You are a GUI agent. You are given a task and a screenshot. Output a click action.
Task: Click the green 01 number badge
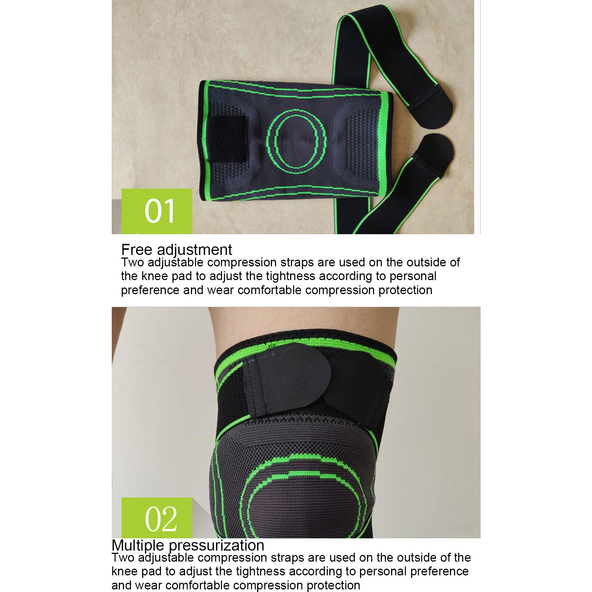(x=157, y=211)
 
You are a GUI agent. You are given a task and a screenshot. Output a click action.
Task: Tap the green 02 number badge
(x=157, y=518)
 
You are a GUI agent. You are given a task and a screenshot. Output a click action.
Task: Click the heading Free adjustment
(x=176, y=250)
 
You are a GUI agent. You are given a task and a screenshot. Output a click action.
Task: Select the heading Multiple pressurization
(x=188, y=545)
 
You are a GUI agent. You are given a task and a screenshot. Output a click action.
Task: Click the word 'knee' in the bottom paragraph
(x=124, y=572)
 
